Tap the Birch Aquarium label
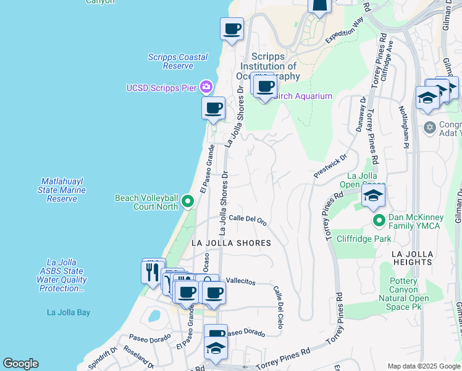coord(303,96)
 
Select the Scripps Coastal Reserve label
coord(178,61)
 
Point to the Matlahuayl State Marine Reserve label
coord(62,190)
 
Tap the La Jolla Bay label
coord(68,312)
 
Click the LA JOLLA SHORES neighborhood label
coord(230,243)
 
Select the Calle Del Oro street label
coord(247,219)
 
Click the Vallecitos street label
coord(240,281)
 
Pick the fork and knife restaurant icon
coord(153,271)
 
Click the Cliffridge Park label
coord(364,238)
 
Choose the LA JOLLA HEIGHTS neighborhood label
coord(412,258)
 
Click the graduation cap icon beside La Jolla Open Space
coord(373,196)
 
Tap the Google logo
coord(21,364)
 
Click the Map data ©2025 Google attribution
coord(423,366)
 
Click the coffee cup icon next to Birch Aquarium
coord(265,86)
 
